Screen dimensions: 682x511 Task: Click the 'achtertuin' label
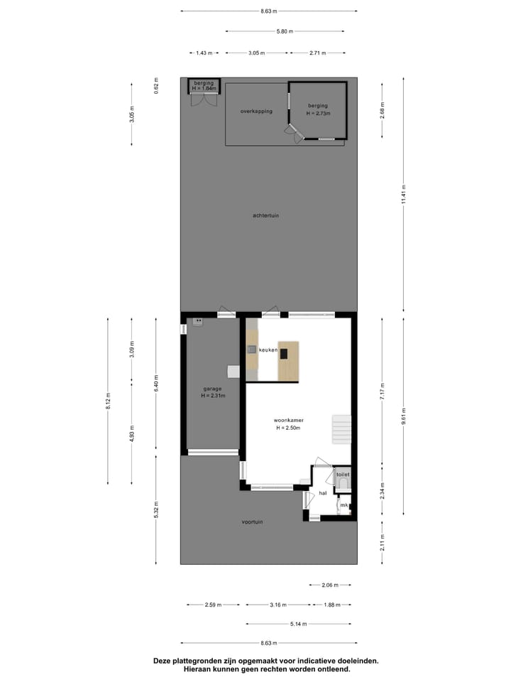click(x=265, y=215)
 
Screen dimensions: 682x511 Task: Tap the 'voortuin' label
click(x=252, y=521)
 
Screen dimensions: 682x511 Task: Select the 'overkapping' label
click(x=256, y=111)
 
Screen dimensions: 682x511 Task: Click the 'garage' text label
click(x=212, y=389)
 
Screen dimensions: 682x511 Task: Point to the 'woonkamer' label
click(x=289, y=420)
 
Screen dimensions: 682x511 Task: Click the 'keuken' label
click(x=268, y=350)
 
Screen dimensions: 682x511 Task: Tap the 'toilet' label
click(x=343, y=474)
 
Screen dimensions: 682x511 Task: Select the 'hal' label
click(x=322, y=492)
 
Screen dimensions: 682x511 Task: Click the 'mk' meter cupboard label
click(x=344, y=505)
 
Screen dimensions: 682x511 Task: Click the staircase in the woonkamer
click(x=342, y=430)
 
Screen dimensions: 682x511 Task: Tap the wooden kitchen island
click(x=288, y=361)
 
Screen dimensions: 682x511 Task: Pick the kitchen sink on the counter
click(x=251, y=349)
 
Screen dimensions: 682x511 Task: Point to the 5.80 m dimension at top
click(x=285, y=31)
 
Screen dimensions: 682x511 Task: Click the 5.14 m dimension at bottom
click(x=299, y=624)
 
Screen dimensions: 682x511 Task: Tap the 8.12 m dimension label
click(x=108, y=401)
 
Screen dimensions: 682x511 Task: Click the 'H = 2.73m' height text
click(x=319, y=113)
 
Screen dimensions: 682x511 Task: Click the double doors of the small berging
click(x=203, y=100)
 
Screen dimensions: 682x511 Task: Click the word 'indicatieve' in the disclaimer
click(x=306, y=661)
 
